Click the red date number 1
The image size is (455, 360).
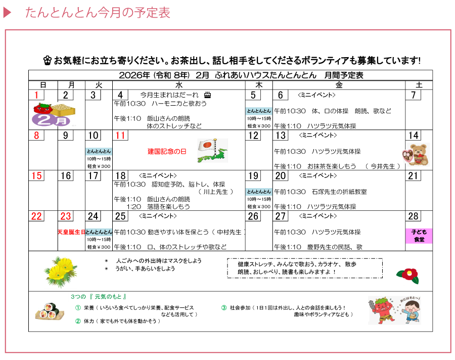pyautogui.click(x=36, y=95)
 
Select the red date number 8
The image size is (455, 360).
pyautogui.click(x=36, y=136)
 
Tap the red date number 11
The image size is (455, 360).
pyautogui.click(x=120, y=136)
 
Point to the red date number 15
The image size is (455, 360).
pyautogui.click(x=36, y=176)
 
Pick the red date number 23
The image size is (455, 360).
pyautogui.click(x=66, y=216)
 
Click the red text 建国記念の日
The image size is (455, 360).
pyautogui.click(x=167, y=152)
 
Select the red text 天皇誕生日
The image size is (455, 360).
pyautogui.click(x=71, y=232)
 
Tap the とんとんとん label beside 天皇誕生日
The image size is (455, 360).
pyautogui.click(x=99, y=232)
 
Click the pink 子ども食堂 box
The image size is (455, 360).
pyautogui.click(x=419, y=236)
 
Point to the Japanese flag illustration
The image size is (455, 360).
pyautogui.click(x=212, y=150)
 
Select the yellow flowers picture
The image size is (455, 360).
pyautogui.click(x=61, y=272)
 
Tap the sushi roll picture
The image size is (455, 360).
pyautogui.click(x=50, y=311)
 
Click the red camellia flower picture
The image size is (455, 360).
pyautogui.click(x=407, y=276)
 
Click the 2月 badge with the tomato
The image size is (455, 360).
pyautogui.click(x=52, y=114)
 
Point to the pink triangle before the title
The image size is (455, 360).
pyautogui.click(x=7, y=13)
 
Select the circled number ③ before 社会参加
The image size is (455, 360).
pyautogui.click(x=223, y=307)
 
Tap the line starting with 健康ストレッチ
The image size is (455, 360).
pyautogui.click(x=297, y=264)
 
